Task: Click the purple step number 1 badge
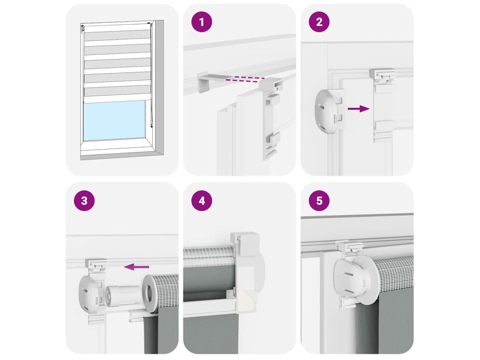202,22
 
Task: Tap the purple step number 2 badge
319,22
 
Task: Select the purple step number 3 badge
84,201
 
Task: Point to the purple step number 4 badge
202,201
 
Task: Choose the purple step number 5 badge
319,201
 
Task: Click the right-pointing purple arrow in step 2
359,108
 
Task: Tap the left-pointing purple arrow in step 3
136,267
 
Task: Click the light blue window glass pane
114,120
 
